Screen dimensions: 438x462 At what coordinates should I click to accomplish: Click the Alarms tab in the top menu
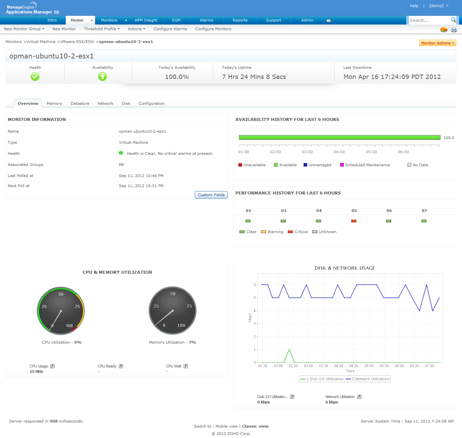(206, 20)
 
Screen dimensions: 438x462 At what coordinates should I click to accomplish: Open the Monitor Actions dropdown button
(437, 43)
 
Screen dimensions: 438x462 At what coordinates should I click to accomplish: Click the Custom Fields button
(211, 195)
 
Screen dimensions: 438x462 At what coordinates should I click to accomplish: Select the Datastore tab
(80, 103)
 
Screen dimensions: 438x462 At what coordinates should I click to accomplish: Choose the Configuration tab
(151, 103)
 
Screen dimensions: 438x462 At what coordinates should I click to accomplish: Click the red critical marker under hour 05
(354, 221)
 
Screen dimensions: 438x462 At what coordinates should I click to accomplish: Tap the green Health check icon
(35, 77)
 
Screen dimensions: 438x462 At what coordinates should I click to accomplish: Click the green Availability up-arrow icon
(102, 77)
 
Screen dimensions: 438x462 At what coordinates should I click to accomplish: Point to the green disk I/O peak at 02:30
(289, 350)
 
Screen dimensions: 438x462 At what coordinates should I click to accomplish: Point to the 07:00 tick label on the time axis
(429, 366)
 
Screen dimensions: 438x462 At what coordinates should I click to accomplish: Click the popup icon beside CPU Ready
(121, 366)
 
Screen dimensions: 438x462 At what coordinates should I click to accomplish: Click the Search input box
(429, 20)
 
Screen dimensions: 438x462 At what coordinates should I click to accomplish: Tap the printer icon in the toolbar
(454, 30)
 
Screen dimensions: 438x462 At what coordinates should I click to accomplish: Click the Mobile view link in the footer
(226, 426)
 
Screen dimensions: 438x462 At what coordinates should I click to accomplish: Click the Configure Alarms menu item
(170, 29)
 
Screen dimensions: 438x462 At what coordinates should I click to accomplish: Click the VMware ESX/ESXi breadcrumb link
(77, 42)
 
